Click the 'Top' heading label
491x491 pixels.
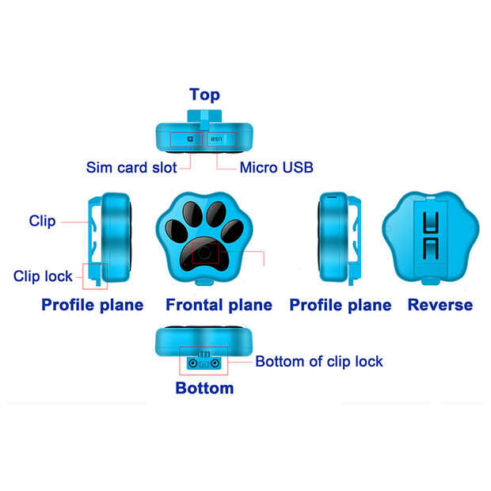204,95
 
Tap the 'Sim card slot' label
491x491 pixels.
131,168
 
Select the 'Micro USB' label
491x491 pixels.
276,168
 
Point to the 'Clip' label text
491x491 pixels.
42,221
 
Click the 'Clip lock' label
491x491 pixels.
43,276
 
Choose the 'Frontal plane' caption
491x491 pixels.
219,305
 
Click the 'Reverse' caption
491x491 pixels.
440,305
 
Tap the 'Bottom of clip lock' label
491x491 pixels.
319,362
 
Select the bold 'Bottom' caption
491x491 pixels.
204,388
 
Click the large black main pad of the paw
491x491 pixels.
204,255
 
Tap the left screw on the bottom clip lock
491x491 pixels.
193,363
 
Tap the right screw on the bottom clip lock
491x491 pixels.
215,363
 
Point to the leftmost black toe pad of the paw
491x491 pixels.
177,231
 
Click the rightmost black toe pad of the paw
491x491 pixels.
232,231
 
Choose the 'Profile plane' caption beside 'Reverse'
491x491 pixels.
341,305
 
